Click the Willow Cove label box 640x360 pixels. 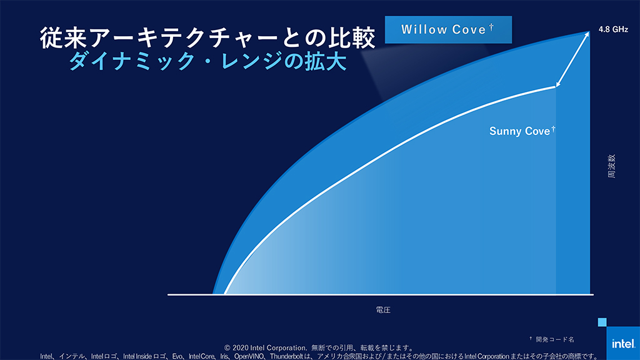pos(448,30)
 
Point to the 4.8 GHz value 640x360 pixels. pos(613,29)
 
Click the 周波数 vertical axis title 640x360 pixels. pos(611,166)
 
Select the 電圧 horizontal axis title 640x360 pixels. pos(383,310)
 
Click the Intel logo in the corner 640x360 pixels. pos(623,343)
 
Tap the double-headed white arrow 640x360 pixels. pos(572,59)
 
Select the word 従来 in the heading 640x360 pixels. pos(63,38)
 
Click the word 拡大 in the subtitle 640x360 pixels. pos(326,61)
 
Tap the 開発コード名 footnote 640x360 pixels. pos(555,339)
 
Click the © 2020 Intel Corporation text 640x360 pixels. pos(265,347)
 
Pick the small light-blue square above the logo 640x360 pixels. pos(602,322)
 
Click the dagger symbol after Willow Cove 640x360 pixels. pos(491,27)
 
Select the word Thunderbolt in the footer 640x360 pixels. pos(286,356)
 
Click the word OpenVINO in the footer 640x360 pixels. pos(249,356)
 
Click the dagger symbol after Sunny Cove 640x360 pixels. pos(553,129)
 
